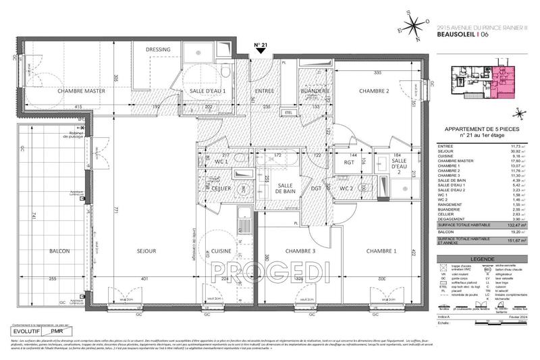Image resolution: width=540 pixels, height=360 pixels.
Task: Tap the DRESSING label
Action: [x=158, y=49]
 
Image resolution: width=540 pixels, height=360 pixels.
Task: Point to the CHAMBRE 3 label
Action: [x=299, y=251]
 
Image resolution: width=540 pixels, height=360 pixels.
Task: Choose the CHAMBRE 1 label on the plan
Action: [x=382, y=251]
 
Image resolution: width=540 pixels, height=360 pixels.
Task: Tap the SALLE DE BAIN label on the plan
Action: [x=284, y=190]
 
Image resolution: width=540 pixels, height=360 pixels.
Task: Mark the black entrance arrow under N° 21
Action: [x=260, y=58]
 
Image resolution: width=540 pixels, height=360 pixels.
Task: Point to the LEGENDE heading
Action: [x=481, y=240]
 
